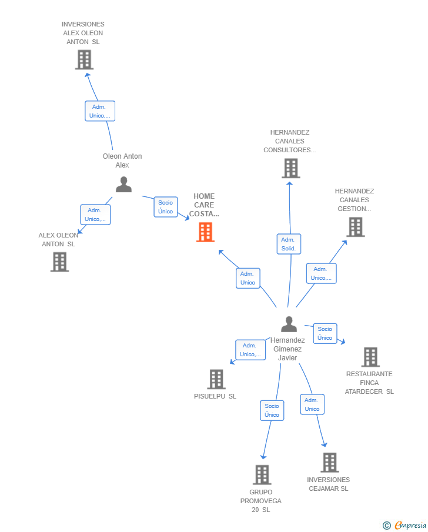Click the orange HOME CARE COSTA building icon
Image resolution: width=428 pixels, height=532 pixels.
205,232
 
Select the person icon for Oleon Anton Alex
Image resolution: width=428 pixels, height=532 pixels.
123,184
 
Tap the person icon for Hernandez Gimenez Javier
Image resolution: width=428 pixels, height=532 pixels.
289,324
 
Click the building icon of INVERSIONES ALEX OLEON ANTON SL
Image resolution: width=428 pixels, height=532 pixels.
84,60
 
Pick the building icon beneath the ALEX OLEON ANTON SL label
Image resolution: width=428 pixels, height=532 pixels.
60,262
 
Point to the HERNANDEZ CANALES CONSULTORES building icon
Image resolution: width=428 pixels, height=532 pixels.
291,168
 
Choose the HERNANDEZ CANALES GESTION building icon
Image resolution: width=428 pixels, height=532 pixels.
356,227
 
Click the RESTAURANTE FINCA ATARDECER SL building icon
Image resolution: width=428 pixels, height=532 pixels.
370,357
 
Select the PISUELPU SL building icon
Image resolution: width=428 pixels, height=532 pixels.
216,379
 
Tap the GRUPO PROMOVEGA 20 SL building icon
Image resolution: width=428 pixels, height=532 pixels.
262,474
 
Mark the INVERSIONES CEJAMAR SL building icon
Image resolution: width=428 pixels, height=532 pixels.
330,463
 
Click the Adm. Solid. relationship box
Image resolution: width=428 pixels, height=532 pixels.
289,244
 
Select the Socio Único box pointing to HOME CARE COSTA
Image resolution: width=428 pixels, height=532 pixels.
166,207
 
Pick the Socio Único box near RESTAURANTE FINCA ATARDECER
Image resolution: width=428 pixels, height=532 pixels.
325,333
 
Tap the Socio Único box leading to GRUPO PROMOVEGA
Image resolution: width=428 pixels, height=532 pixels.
272,410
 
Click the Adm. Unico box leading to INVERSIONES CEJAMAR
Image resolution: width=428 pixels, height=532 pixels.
312,404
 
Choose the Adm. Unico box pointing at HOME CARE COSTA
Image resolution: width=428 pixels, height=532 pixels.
248,278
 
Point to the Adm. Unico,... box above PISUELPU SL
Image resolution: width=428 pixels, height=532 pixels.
250,350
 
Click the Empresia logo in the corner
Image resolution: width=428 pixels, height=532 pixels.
404,525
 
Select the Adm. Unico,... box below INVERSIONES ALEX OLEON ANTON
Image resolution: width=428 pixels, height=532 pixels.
100,111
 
